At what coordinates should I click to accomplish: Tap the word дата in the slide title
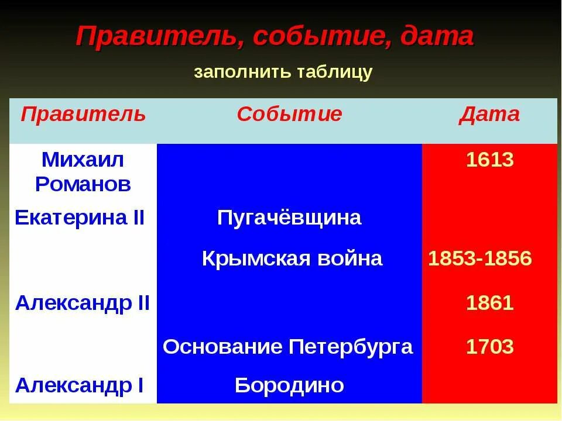coord(437,37)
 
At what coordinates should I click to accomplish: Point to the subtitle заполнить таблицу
coord(283,72)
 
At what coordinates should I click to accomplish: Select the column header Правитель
coord(83,114)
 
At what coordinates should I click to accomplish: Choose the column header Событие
coord(289,114)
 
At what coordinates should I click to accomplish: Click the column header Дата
coord(489,114)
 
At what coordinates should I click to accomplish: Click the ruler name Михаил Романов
coord(83,172)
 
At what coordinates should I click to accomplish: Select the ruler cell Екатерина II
coord(80,218)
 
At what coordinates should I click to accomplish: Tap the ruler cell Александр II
coord(83,303)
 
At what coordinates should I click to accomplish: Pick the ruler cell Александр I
coord(80,385)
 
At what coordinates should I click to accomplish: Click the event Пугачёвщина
coord(289,218)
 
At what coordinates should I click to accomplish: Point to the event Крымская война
coord(292,258)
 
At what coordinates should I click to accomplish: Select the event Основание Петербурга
coord(288,347)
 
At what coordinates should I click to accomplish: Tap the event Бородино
coord(289,385)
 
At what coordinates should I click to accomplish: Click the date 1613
coord(489,160)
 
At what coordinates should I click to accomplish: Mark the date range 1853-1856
coord(480,258)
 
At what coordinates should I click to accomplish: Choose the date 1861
coord(489,303)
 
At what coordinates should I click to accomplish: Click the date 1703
coord(489,347)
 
